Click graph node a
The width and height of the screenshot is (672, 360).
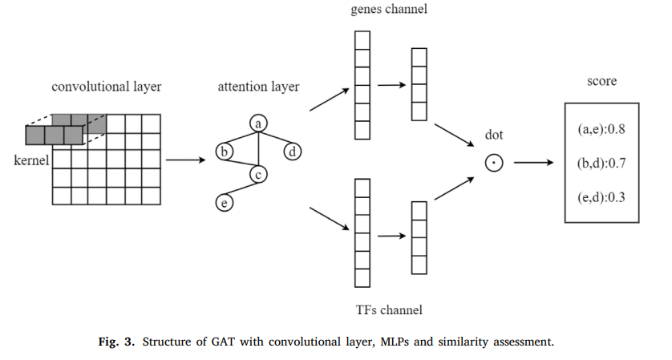click(258, 123)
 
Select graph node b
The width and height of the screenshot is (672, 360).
click(225, 151)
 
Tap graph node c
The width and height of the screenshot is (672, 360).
click(258, 174)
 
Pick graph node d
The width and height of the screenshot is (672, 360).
click(293, 151)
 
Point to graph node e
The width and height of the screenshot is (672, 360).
click(225, 204)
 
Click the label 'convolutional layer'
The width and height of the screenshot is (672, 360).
click(107, 87)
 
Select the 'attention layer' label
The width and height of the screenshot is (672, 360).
click(258, 87)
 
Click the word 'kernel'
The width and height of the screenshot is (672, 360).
click(32, 160)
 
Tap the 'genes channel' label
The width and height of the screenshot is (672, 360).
click(388, 10)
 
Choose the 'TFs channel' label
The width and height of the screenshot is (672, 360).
click(388, 309)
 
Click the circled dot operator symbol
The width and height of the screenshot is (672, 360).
click(494, 163)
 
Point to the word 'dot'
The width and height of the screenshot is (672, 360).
click(494, 135)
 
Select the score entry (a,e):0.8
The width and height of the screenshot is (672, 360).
click(601, 128)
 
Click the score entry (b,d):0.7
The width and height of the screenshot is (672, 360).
click(601, 164)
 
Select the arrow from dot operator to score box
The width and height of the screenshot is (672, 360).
click(533, 163)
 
